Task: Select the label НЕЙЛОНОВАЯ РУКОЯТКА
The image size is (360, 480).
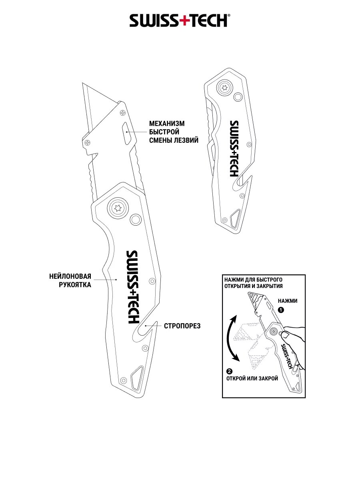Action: point(70,280)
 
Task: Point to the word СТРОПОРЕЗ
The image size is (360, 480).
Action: point(182,326)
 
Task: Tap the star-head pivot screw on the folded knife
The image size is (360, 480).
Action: point(224,87)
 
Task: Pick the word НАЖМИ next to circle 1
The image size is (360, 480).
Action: point(288,301)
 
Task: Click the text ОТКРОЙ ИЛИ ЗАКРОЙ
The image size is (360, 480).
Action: point(252,378)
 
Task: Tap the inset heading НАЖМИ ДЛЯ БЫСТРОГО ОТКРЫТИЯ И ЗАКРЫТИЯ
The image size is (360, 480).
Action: point(254,282)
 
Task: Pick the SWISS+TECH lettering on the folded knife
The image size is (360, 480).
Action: point(234,148)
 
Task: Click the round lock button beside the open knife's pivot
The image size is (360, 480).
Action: point(136,219)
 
